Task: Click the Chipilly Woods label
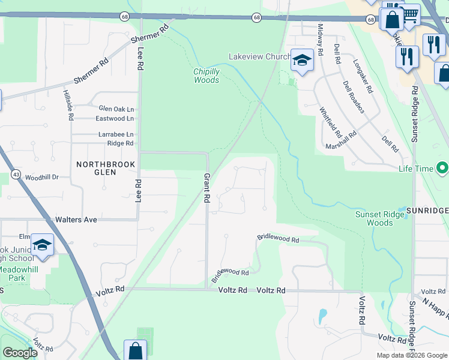click(x=206, y=76)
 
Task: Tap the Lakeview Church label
click(x=259, y=57)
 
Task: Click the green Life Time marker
click(x=443, y=169)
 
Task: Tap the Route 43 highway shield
click(x=15, y=175)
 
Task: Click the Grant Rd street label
click(x=206, y=188)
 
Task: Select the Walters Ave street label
click(x=76, y=220)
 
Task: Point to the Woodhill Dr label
click(x=42, y=178)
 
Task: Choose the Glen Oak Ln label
click(x=116, y=109)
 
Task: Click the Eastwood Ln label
click(x=115, y=119)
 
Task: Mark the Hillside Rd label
click(x=68, y=106)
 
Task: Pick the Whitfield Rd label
click(x=330, y=122)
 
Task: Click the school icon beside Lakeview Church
click(x=303, y=60)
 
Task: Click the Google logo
click(x=20, y=353)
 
